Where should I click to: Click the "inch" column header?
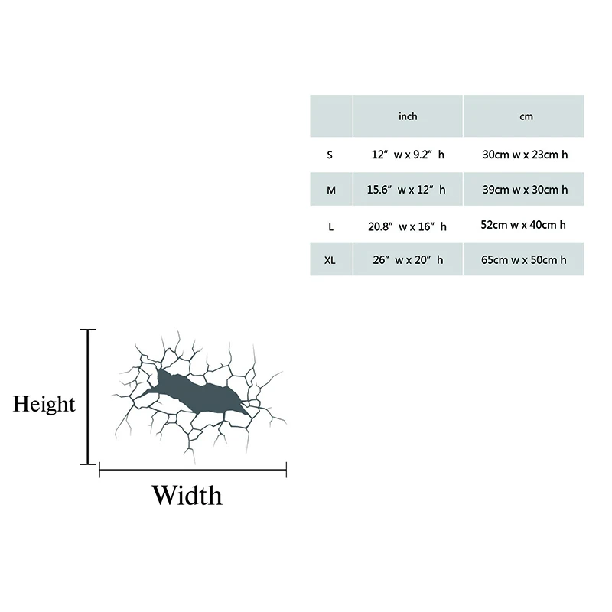408,117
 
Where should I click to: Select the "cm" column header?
526,117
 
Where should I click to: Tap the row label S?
330,155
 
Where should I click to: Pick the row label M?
330,190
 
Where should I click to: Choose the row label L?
330,226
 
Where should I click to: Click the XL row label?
330,260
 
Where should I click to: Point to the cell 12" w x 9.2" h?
408,155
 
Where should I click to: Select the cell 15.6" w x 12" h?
408,190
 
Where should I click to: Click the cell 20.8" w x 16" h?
408,226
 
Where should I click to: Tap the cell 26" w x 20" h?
408,260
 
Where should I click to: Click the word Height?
44,404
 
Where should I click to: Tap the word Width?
187,496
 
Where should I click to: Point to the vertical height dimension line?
90,396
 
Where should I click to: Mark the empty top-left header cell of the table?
330,116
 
